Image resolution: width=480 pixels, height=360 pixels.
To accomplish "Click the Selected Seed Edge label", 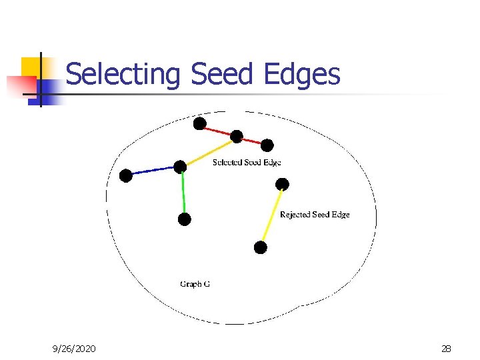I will tap(247, 162).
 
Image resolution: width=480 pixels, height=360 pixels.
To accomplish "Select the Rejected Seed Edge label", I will tap(315, 215).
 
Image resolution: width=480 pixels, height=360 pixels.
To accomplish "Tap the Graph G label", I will tap(195, 284).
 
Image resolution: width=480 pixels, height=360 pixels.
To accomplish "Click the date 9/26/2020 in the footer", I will tap(74, 349).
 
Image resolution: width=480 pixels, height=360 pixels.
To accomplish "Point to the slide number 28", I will tap(446, 349).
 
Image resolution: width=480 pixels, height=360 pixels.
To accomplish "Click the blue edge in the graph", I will tap(153, 171).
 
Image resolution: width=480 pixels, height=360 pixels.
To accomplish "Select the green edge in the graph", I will tap(183, 193).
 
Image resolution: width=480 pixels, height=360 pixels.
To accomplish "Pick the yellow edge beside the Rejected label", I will tap(272, 215).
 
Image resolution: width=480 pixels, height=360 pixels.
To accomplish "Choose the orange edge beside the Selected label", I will tap(209, 151).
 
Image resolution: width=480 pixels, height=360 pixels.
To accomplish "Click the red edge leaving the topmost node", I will tap(217, 130).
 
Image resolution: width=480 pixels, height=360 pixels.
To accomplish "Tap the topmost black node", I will tap(199, 123).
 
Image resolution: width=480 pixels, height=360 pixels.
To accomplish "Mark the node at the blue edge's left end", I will tap(125, 175).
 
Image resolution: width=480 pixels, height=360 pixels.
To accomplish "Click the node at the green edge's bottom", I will tap(185, 219).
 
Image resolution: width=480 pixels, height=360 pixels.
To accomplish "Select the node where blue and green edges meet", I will tap(180, 166).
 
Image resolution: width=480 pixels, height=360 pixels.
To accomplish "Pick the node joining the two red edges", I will tap(237, 137).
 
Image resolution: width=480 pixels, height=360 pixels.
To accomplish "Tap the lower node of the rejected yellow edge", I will tap(261, 247).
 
